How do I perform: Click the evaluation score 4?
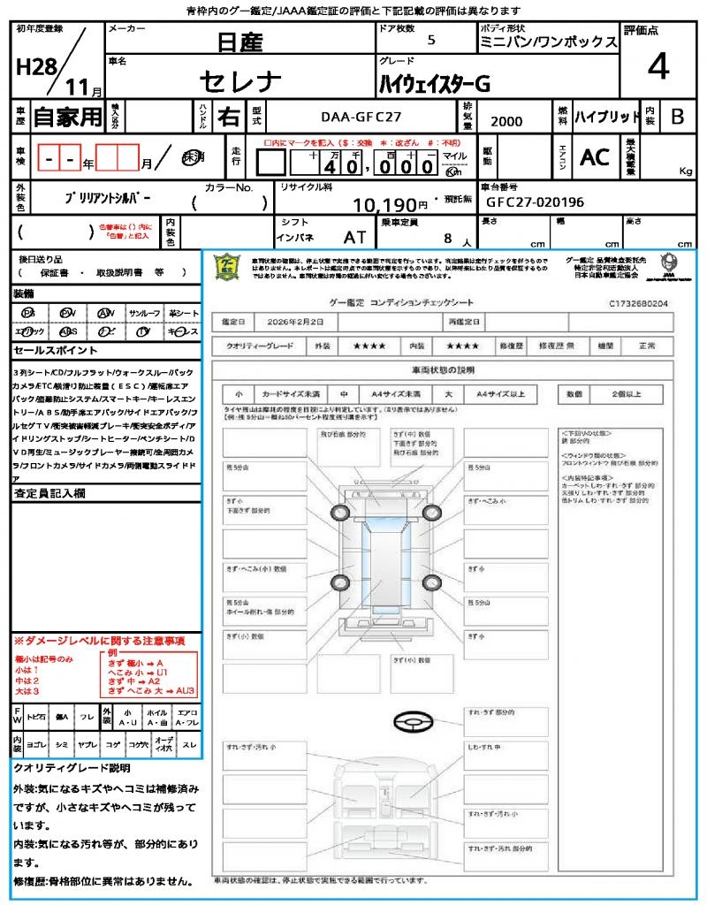click(657, 67)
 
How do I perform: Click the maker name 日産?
click(240, 41)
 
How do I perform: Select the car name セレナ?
click(240, 81)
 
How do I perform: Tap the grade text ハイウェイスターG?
click(434, 84)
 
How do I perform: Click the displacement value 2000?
click(506, 121)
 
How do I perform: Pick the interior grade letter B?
click(677, 116)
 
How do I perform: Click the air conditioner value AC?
click(595, 156)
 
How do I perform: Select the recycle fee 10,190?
click(384, 205)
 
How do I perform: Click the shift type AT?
click(355, 238)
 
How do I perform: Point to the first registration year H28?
click(35, 67)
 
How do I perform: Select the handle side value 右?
click(229, 116)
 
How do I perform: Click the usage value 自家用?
click(67, 116)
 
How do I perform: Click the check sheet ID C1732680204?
click(638, 303)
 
